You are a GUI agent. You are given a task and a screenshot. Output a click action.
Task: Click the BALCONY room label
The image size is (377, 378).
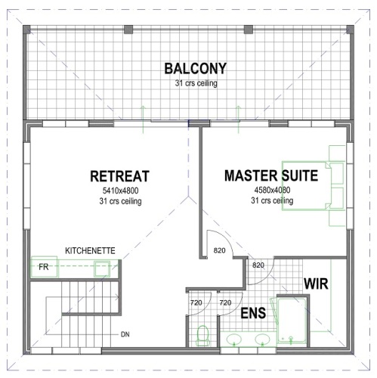click(195, 69)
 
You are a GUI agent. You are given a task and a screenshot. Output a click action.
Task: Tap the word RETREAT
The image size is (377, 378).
click(119, 176)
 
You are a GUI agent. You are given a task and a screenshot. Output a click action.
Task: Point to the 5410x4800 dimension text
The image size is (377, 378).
click(119, 191)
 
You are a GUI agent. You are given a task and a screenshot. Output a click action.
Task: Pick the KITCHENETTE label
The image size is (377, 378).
click(90, 249)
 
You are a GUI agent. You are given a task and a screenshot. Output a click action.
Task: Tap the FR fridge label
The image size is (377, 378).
click(44, 268)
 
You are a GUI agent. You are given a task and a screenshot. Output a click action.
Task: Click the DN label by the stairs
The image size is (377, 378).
click(125, 333)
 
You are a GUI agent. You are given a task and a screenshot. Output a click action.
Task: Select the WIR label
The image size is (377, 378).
click(315, 283)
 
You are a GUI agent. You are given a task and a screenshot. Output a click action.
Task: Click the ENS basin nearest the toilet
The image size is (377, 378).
click(235, 339)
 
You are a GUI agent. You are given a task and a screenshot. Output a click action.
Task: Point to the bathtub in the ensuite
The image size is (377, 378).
click(294, 321)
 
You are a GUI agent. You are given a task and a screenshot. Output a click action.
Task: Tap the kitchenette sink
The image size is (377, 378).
click(101, 268)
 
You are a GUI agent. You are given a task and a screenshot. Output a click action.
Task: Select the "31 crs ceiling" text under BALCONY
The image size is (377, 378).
click(196, 83)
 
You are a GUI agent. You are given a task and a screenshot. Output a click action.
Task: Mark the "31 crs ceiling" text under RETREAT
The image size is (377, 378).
click(119, 202)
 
